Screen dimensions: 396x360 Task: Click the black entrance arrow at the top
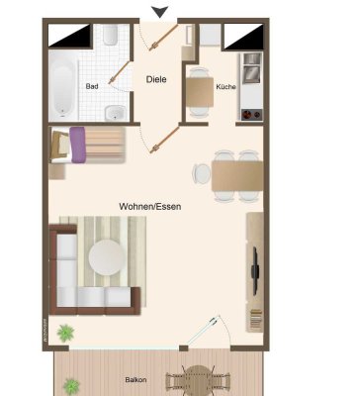coord(160,11)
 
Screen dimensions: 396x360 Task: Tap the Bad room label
coord(92,87)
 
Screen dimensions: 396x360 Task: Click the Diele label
coord(156,78)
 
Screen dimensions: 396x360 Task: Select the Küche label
coord(225,87)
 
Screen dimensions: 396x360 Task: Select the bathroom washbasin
coord(117,111)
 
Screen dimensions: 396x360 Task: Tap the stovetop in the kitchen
coord(250,102)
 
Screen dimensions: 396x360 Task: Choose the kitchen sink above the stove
coord(251,68)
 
